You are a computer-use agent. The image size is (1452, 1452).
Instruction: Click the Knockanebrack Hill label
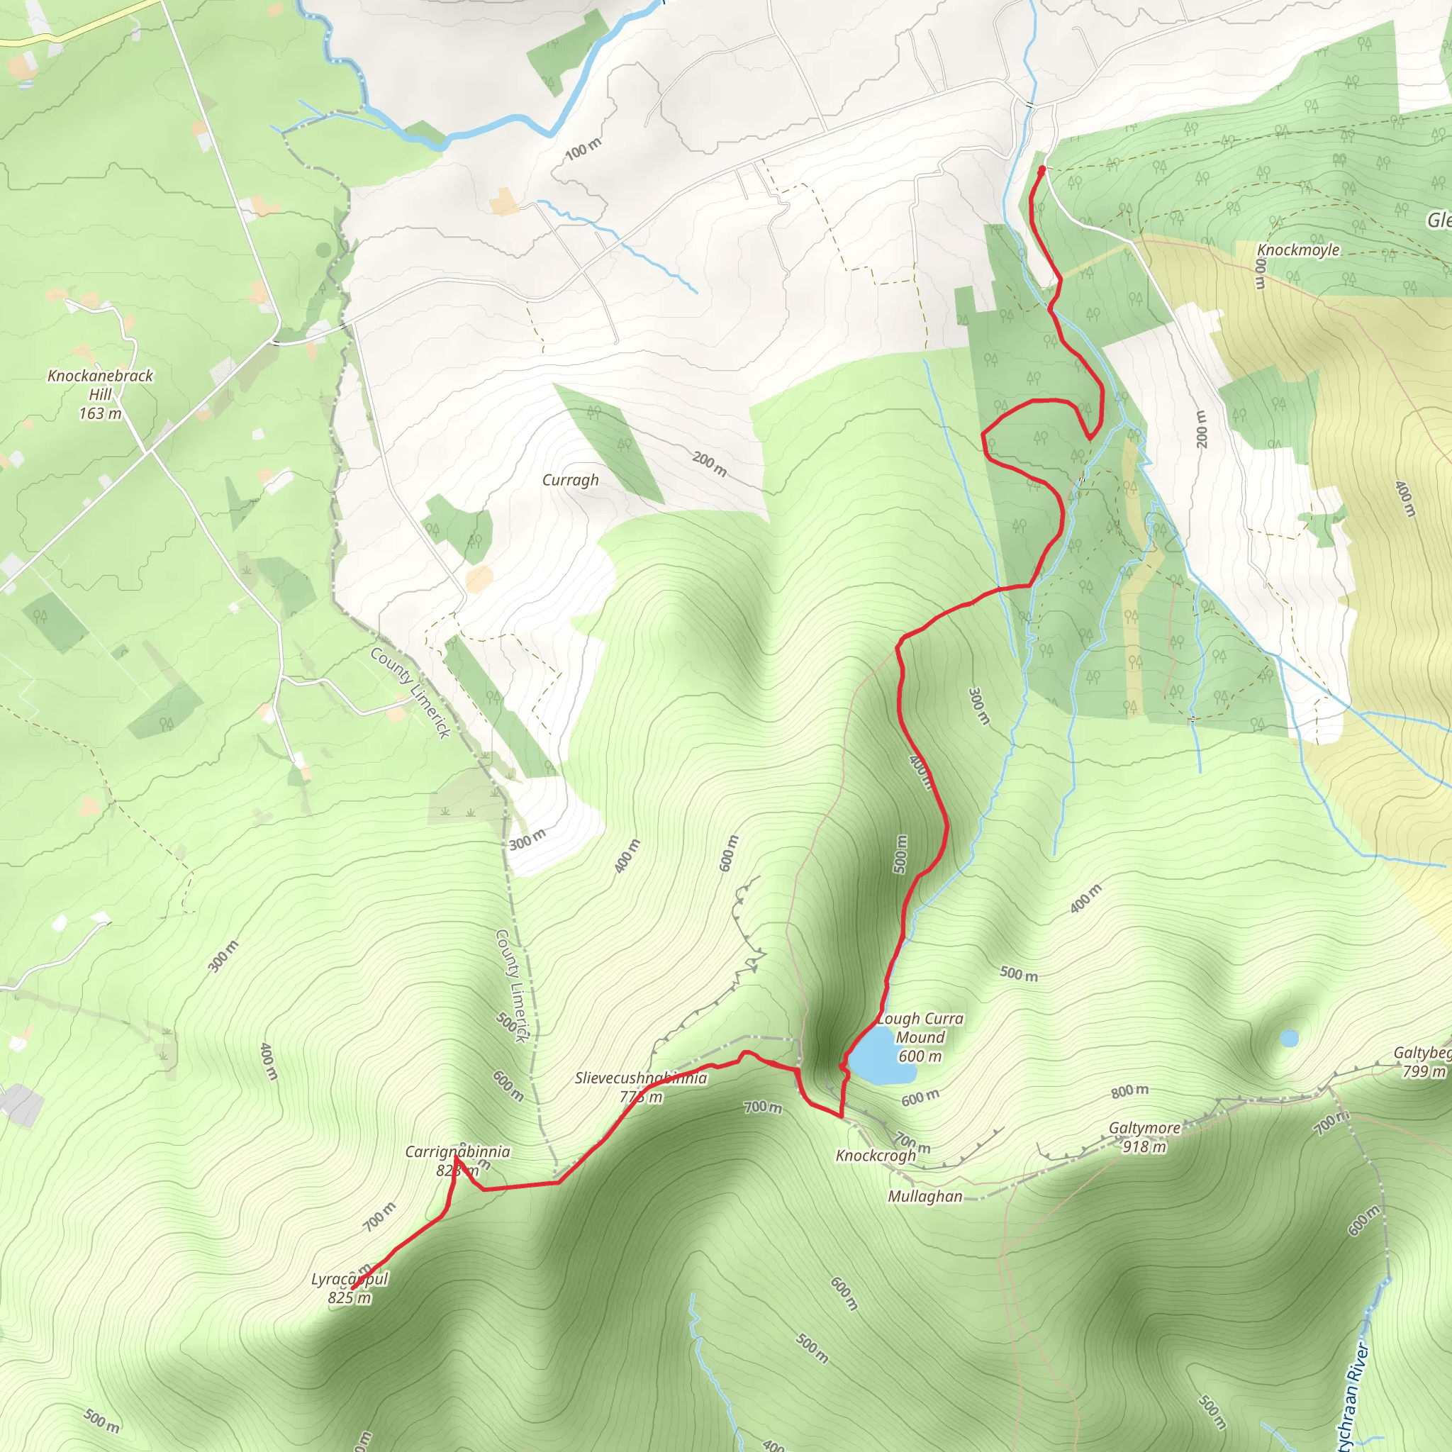[x=100, y=384]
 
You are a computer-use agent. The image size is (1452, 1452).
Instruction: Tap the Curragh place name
[x=571, y=480]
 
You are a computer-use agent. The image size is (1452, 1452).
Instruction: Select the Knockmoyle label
[x=1298, y=250]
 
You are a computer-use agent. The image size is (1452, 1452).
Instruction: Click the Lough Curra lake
[x=874, y=1056]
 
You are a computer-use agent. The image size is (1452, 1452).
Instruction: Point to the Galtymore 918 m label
[x=1144, y=1137]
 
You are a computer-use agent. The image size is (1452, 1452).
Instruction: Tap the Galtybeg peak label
[x=1422, y=1053]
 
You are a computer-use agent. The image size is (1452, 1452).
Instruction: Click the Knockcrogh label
[x=876, y=1155]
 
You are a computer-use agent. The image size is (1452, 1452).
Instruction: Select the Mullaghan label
[x=925, y=1196]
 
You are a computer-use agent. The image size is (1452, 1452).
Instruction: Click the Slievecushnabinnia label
[x=640, y=1078]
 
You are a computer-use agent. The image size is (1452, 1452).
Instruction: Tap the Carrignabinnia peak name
[x=457, y=1151]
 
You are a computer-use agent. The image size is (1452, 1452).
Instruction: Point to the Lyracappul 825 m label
[x=350, y=1288]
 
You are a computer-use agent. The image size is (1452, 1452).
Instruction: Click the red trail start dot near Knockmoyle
[x=1041, y=170]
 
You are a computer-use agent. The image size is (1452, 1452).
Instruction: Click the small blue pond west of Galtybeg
[x=1289, y=1039]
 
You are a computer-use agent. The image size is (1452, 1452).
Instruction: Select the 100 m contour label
[x=583, y=149]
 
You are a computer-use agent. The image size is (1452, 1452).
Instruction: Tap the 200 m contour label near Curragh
[x=710, y=464]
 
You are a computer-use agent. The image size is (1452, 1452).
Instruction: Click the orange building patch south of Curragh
[x=479, y=579]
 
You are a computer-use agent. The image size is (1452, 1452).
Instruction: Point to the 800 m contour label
[x=1129, y=1090]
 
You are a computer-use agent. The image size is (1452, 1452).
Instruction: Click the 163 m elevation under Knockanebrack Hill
[x=100, y=413]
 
